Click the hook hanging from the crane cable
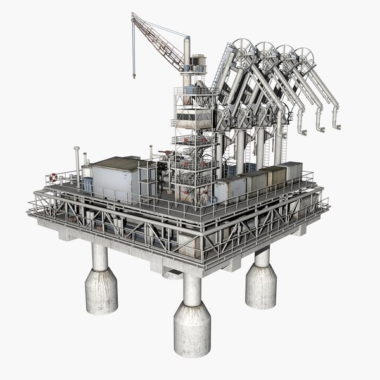(x=134, y=74)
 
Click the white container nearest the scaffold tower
(x=230, y=189)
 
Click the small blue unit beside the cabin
(x=87, y=184)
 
